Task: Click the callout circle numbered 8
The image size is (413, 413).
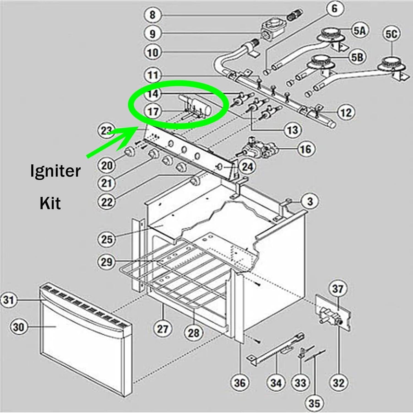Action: pos(153,15)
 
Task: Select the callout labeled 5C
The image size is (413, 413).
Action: pos(391,34)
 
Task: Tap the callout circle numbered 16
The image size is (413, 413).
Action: pos(306,149)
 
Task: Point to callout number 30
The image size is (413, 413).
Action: pos(19,327)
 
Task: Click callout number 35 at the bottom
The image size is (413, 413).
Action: pos(314,403)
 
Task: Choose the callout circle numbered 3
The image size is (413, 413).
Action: pos(310,201)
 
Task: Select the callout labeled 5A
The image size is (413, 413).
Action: pos(360,30)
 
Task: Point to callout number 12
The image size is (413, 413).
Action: pos(346,112)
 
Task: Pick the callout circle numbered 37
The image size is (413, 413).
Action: pos(338,289)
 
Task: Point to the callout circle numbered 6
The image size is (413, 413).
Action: pos(334,9)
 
